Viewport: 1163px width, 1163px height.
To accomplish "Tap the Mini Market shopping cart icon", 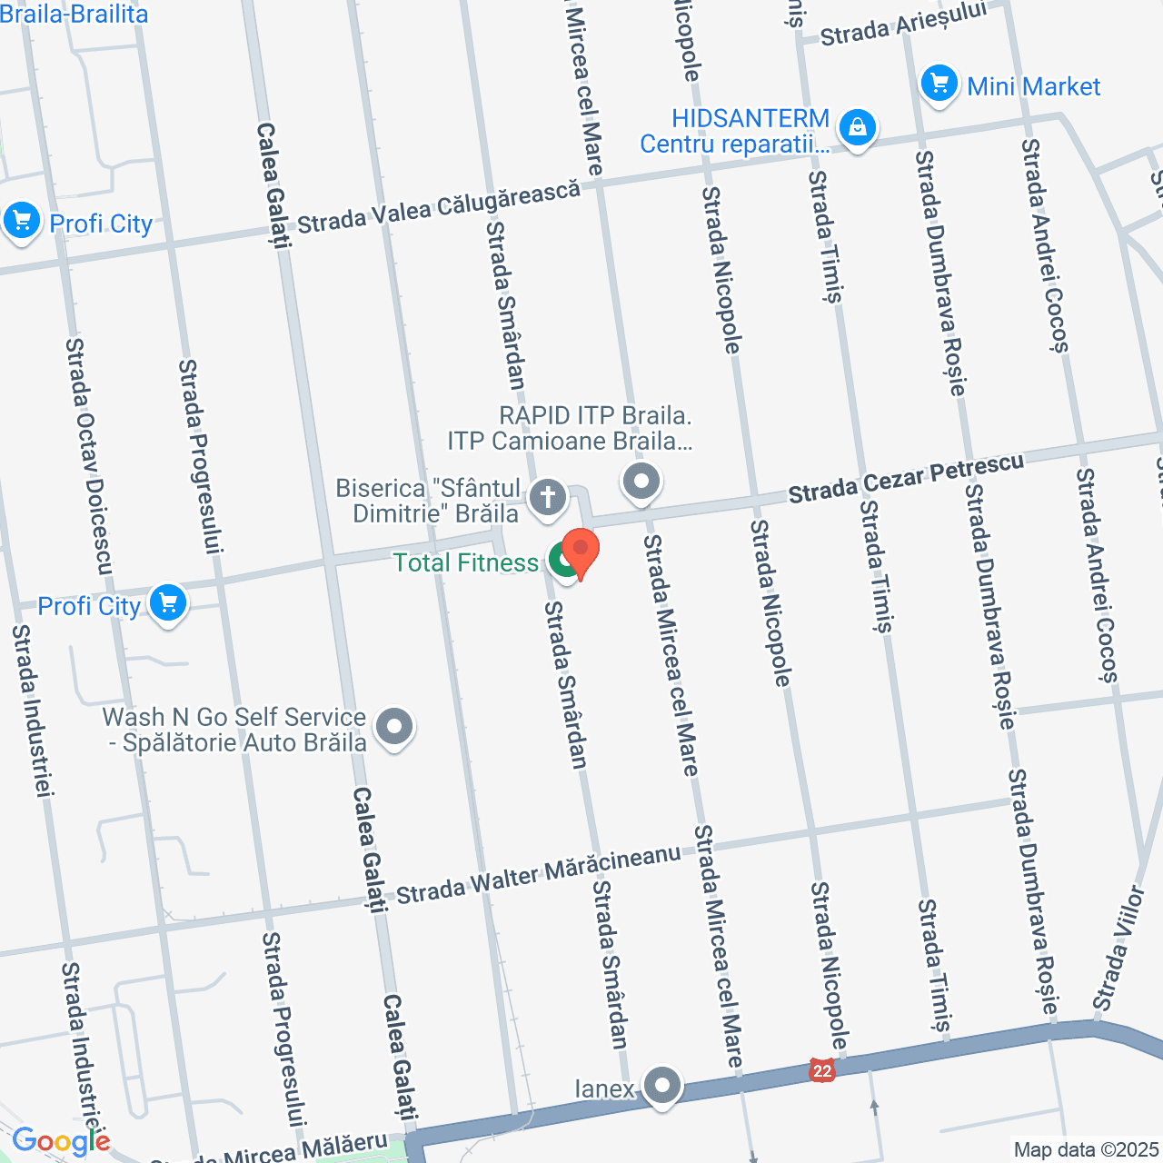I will [x=939, y=84].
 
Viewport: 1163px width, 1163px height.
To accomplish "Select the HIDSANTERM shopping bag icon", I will [x=857, y=128].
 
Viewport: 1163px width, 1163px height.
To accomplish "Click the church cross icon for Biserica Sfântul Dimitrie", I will [x=548, y=497].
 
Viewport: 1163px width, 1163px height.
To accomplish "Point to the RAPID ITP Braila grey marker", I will [x=641, y=481].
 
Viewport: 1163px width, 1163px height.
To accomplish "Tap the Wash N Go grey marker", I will [x=394, y=727].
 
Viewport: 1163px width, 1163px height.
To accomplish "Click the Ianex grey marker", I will [x=662, y=1085].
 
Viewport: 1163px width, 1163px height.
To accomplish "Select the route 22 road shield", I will [x=821, y=1070].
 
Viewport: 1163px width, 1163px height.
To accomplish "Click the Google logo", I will [x=61, y=1141].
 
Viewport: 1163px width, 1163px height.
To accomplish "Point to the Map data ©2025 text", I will [x=1087, y=1150].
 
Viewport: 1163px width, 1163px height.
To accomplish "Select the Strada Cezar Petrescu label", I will [x=906, y=478].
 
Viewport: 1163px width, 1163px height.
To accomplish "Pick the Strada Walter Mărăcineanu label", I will [x=538, y=875].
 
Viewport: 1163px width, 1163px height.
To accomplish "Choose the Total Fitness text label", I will [x=465, y=563].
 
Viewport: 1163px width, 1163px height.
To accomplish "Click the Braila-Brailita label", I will [x=74, y=14].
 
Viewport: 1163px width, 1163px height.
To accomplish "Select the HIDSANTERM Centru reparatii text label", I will [x=735, y=132].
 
